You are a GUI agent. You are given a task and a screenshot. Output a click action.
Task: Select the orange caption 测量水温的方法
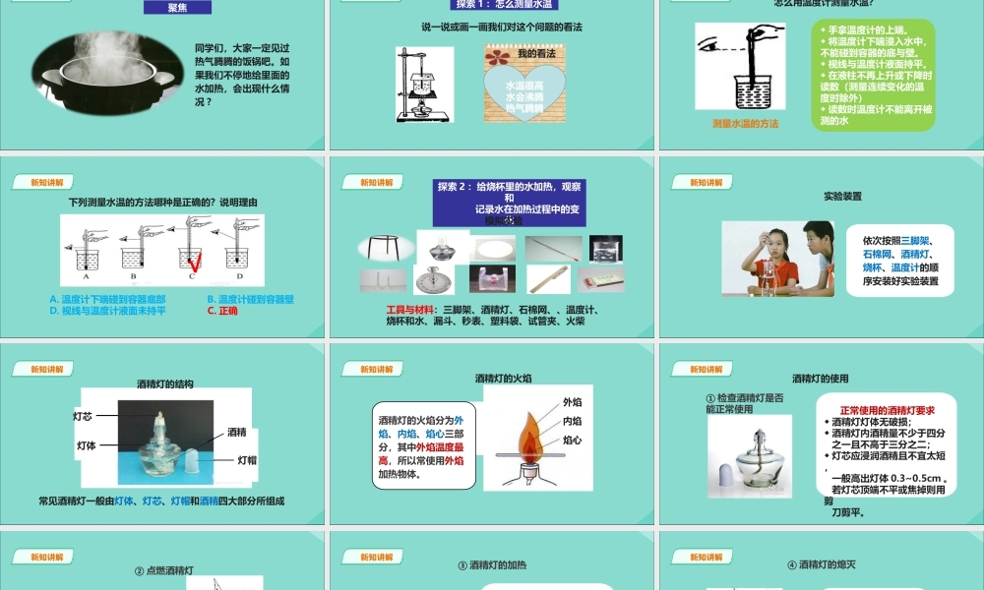click(x=745, y=124)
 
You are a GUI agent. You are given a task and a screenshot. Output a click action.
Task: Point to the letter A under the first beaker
click(x=86, y=278)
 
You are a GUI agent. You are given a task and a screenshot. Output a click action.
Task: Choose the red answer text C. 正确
click(x=223, y=311)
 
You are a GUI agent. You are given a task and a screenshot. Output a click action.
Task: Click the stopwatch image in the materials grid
click(x=433, y=280)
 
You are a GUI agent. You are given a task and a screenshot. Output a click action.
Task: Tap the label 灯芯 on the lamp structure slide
click(x=83, y=417)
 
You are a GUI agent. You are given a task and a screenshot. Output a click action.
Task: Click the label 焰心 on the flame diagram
click(x=572, y=440)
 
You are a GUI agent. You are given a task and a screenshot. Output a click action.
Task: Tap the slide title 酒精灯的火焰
click(x=503, y=377)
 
